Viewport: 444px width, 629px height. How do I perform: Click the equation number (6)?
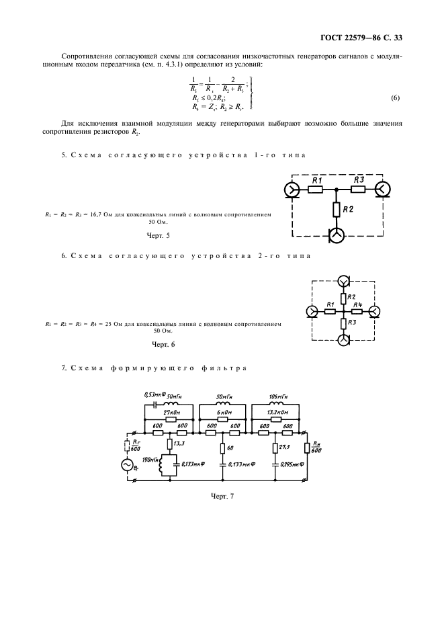tap(395, 98)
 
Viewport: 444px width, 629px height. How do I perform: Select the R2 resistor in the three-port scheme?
tap(335, 210)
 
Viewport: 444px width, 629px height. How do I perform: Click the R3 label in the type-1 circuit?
tap(358, 179)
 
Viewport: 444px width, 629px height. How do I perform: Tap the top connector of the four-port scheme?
tap(343, 280)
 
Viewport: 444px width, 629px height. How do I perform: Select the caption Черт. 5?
tap(159, 236)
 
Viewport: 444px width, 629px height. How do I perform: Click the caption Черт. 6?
tap(163, 344)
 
